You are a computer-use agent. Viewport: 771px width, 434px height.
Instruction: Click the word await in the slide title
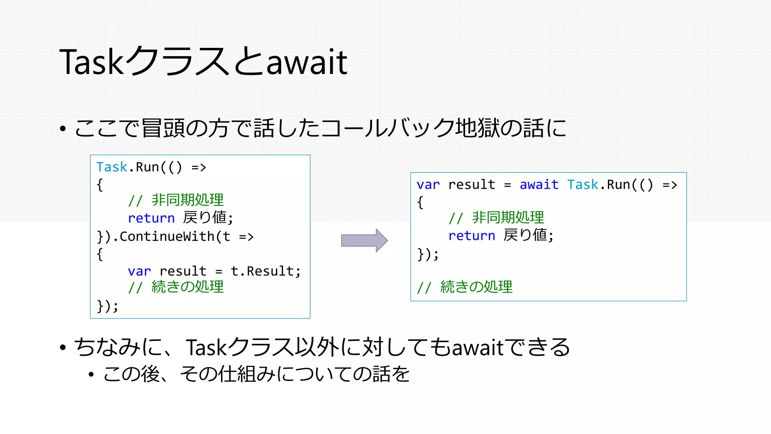[x=306, y=63]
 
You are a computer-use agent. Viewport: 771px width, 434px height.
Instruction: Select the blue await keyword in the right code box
[x=539, y=185]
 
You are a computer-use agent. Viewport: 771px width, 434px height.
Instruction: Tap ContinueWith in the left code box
[x=167, y=237]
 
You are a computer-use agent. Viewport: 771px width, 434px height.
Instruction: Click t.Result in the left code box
[x=265, y=271]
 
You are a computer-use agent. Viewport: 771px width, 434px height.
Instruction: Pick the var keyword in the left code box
[x=139, y=271]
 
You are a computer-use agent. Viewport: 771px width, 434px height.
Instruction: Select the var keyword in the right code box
[x=428, y=185]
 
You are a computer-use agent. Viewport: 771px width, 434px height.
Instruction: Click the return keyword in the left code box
[x=151, y=218]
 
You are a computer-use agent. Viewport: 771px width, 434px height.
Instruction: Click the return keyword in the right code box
[x=471, y=236]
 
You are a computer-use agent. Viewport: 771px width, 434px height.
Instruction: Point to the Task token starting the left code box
[x=112, y=167]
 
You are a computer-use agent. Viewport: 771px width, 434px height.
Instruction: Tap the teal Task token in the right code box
[x=582, y=185]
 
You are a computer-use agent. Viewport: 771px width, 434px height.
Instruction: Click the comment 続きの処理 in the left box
[x=187, y=287]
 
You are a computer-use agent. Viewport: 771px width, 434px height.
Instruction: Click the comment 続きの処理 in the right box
[x=476, y=287]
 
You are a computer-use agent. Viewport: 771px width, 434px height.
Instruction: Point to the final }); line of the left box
[x=107, y=306]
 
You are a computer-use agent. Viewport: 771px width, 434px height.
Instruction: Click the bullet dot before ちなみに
[x=63, y=347]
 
